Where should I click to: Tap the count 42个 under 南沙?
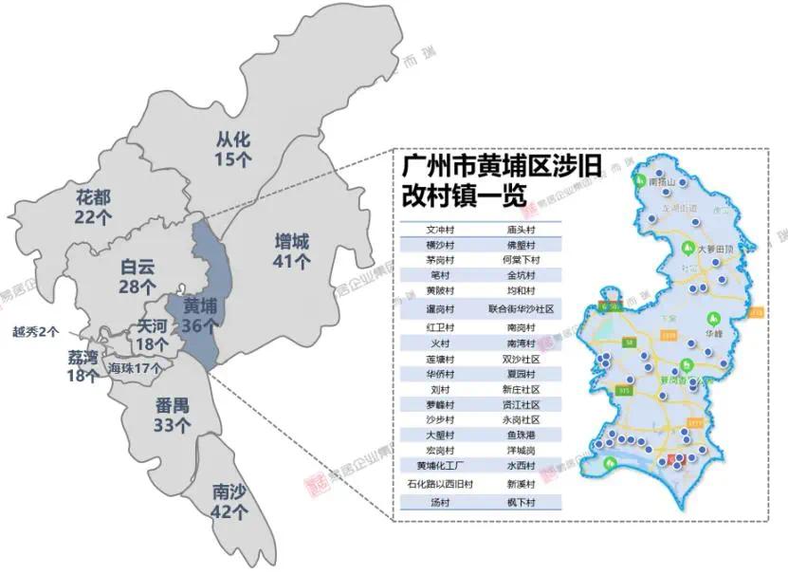coord(230,512)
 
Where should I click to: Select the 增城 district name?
coord(292,241)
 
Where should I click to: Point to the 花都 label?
coord(94,197)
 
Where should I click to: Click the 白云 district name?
coord(137,267)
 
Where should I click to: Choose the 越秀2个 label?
coord(36,332)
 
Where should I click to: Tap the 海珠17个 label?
coord(134,368)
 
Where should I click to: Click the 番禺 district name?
coord(172,407)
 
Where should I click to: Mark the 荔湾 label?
coord(83,357)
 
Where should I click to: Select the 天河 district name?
coord(153,327)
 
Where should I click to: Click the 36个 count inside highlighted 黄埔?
coord(200,325)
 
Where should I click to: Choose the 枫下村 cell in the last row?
coord(521,501)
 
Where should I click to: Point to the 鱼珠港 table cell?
coord(521,434)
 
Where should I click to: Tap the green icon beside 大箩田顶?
coord(688,249)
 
